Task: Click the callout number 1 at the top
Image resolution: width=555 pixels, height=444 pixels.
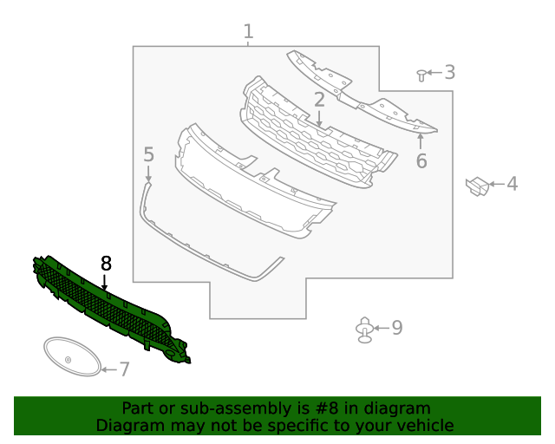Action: (248, 32)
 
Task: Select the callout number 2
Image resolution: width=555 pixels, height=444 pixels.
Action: (319, 99)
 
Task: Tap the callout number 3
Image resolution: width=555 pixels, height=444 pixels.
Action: (449, 72)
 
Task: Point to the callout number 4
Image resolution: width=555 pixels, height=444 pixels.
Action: (512, 184)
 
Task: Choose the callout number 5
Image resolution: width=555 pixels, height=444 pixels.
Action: (148, 155)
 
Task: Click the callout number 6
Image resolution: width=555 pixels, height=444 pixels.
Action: (421, 161)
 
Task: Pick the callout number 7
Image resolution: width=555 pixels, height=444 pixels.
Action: (124, 369)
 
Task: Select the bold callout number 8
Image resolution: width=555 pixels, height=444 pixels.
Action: (106, 262)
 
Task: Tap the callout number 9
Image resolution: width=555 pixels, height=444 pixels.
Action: (397, 327)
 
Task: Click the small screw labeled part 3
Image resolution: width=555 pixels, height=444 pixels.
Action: (421, 75)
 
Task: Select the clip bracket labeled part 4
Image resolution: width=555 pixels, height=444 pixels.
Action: (476, 186)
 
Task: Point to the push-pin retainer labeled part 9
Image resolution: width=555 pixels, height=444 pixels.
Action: (364, 329)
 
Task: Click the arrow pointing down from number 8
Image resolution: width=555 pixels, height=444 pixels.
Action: (105, 282)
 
